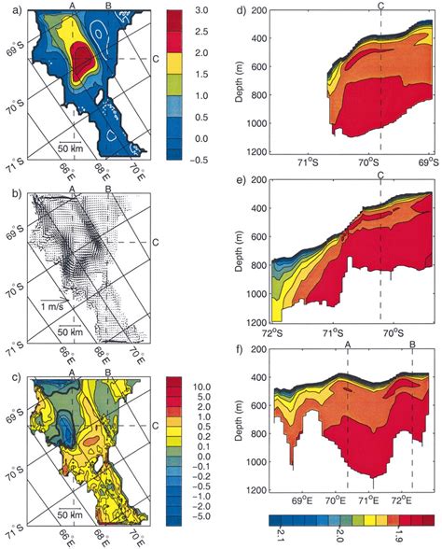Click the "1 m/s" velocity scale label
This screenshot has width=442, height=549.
tap(54, 303)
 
